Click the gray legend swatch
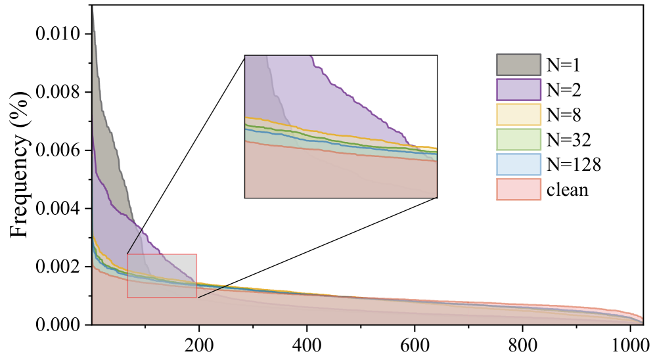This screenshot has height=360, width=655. (518, 65)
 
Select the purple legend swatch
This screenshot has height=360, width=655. (518, 89)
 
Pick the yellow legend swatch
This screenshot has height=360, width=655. (518, 114)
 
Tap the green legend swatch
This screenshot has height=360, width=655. (518, 139)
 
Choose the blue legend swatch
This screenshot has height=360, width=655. (518, 164)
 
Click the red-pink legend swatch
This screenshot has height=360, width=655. (518, 189)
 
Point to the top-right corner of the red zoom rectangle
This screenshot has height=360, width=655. (196, 254)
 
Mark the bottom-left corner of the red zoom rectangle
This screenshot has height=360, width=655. (127, 298)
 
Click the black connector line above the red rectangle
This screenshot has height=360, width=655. (135, 241)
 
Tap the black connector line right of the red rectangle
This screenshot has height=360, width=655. (213, 292)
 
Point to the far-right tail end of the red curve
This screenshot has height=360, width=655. (641, 319)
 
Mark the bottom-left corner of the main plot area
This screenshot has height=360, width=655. (93, 324)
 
